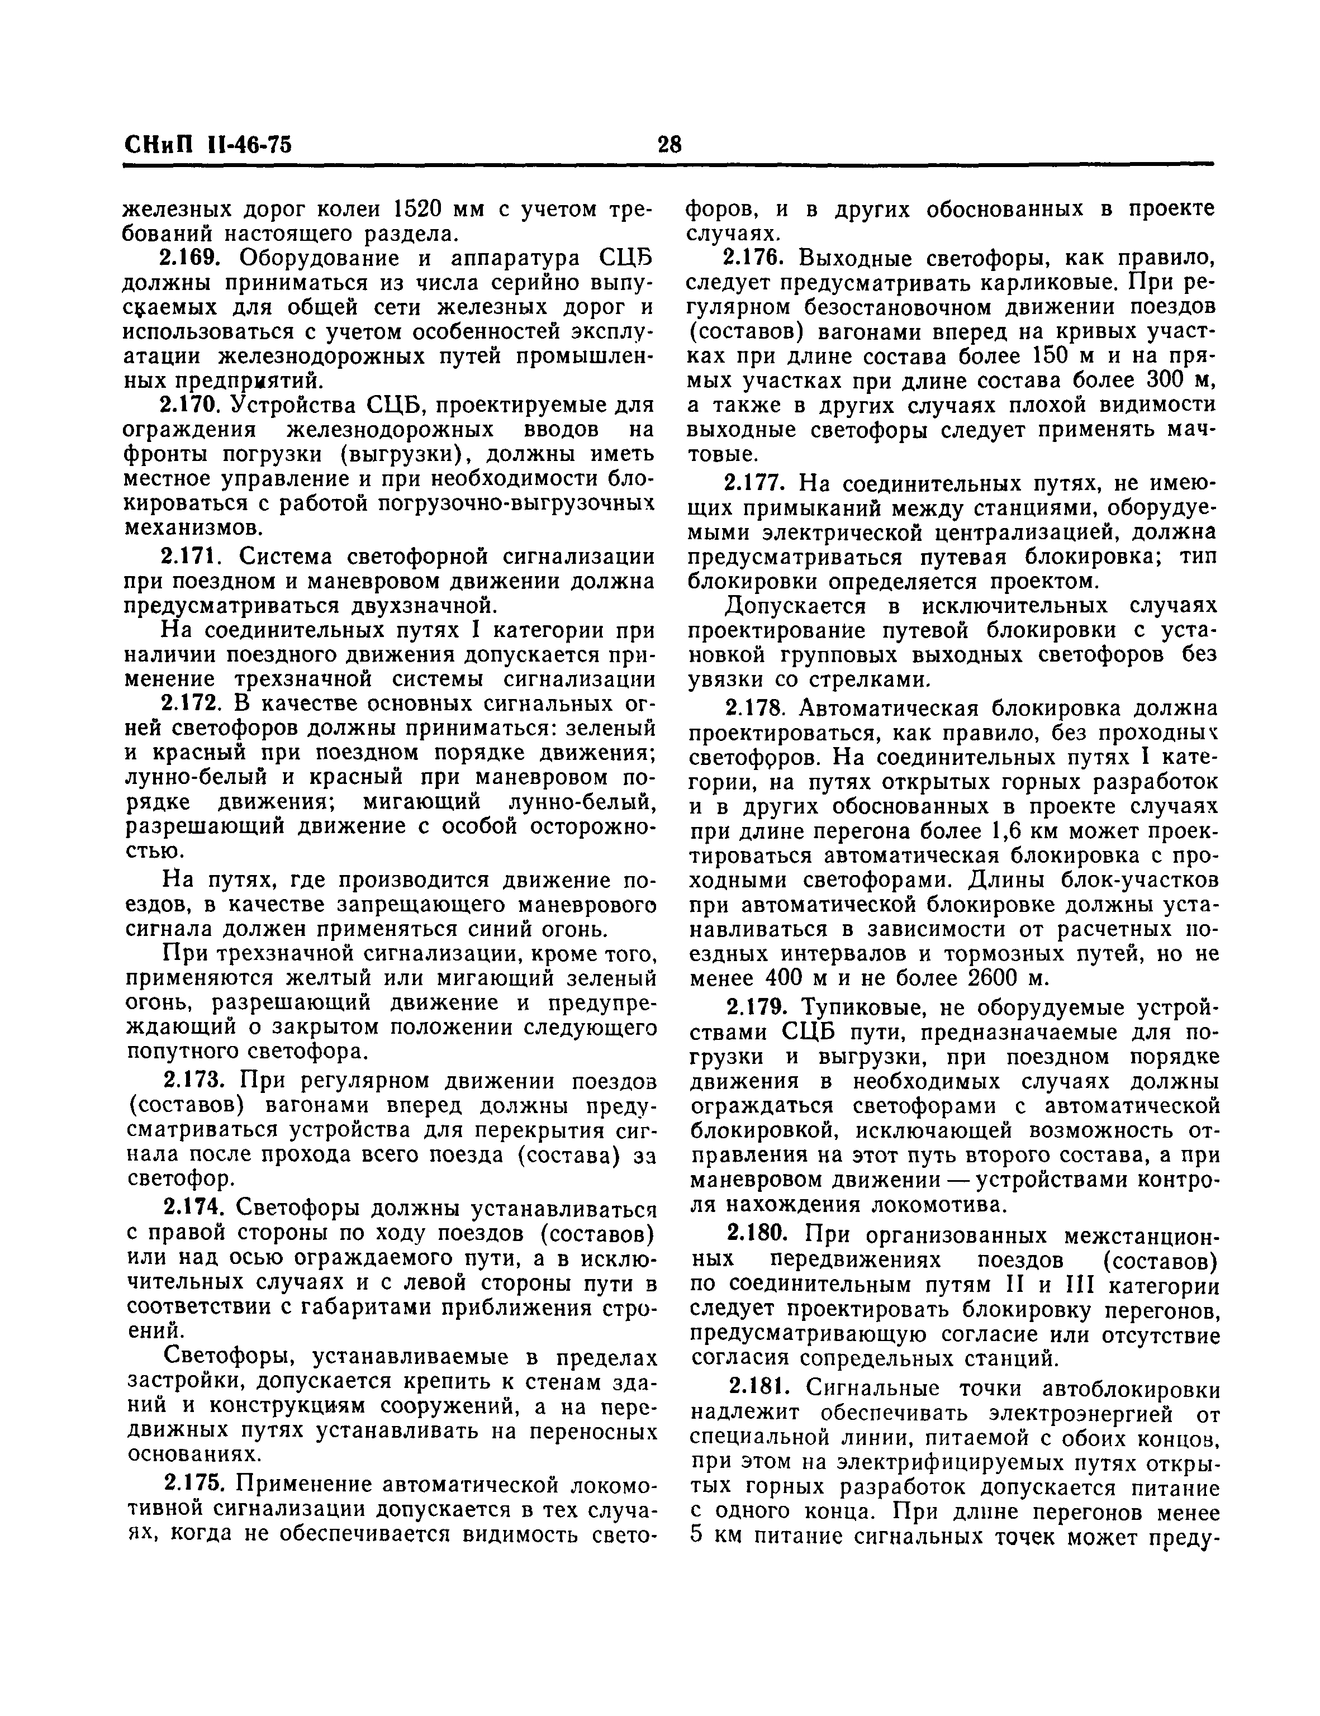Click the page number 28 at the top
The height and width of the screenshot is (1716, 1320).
[670, 145]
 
